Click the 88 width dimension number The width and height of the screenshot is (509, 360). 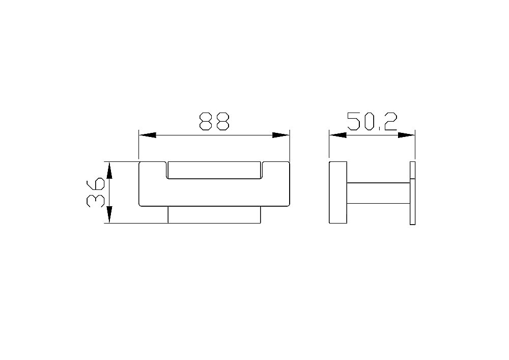(214, 121)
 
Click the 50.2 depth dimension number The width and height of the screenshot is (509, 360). (372, 121)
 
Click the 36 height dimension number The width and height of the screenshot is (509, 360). (95, 192)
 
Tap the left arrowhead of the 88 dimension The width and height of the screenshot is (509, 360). (147, 135)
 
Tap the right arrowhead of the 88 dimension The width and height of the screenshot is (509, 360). (280, 135)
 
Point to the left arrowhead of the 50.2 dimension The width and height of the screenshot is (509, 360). (337, 135)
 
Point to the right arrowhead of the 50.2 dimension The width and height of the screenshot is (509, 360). (406, 135)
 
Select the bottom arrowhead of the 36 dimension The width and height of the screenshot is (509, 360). (108, 215)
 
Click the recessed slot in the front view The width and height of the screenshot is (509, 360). (214, 171)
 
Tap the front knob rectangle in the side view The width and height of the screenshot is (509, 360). (338, 192)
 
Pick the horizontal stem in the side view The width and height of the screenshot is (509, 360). (378, 192)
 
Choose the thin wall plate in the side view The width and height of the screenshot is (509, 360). (413, 192)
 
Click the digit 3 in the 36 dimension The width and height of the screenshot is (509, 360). (95, 200)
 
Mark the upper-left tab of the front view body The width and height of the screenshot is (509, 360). (153, 168)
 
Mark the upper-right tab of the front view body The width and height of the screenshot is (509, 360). (275, 168)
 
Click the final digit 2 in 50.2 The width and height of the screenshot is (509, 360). (389, 121)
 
